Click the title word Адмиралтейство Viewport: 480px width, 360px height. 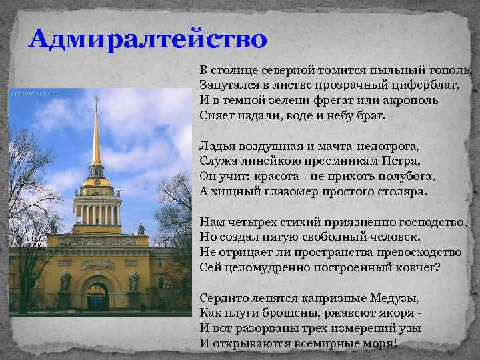pos(147,38)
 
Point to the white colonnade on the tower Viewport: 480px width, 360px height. pos(97,214)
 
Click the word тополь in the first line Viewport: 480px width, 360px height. pos(453,71)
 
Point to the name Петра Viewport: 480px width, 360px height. pos(402,160)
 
